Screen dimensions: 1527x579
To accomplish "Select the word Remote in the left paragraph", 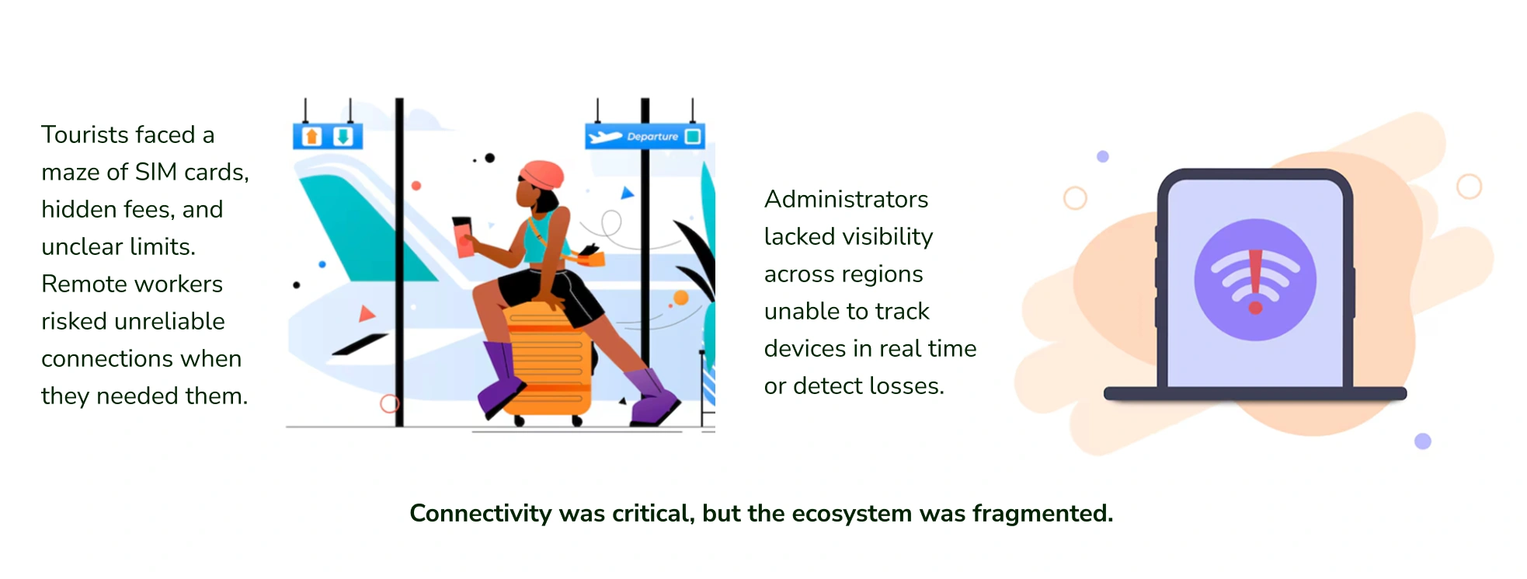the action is coord(85,284).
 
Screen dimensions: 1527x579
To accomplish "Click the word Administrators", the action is coord(846,199).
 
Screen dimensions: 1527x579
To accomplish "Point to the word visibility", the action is coord(885,237).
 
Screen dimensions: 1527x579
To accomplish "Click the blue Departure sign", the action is coord(645,136).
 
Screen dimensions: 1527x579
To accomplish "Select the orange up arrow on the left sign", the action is coord(312,137).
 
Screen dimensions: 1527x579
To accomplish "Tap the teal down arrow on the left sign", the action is coord(343,137).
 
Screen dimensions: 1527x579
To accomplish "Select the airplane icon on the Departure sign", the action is coord(606,137).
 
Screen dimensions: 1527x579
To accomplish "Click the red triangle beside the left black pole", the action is coord(366,313).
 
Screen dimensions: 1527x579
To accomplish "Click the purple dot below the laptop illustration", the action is coord(1423,441).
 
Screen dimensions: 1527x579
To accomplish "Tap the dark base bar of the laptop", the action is coord(1255,393).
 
